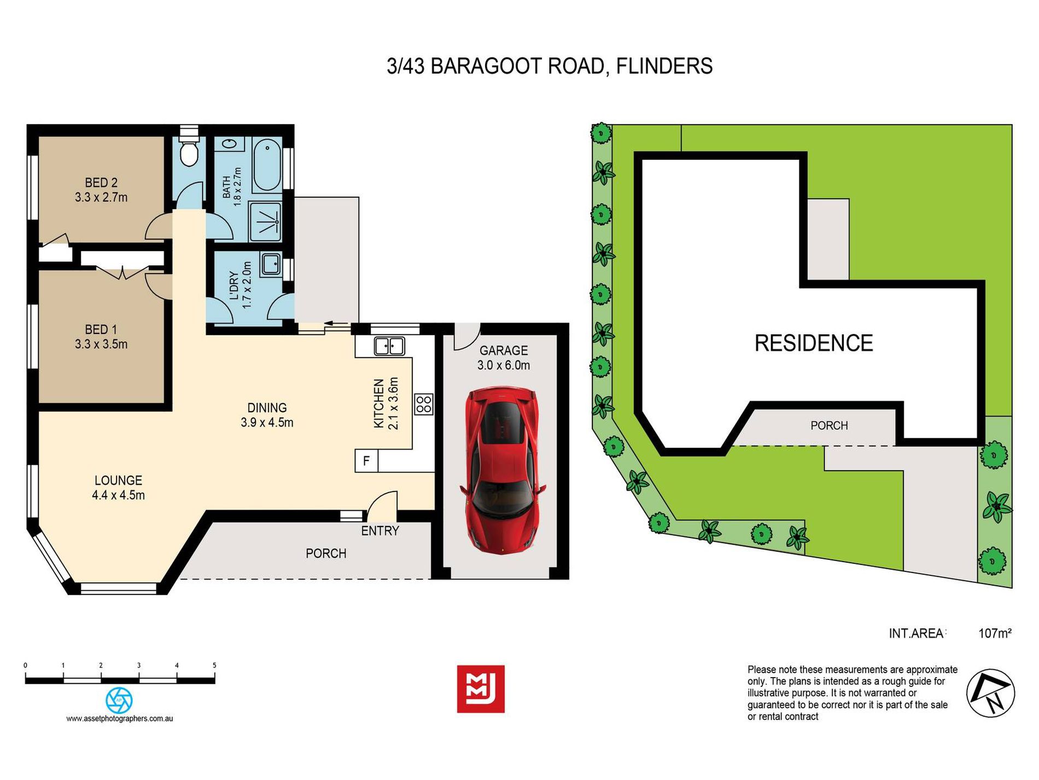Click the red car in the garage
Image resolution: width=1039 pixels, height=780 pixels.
tap(502, 470)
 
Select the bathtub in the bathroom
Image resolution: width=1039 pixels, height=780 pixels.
tap(267, 165)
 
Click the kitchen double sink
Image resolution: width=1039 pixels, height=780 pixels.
tap(389, 346)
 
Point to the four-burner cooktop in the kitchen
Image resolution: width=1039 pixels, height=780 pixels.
tap(424, 405)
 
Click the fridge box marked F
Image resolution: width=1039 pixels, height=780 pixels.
tap(366, 461)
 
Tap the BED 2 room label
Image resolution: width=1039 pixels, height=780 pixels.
tap(101, 190)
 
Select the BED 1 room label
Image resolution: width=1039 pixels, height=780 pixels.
tap(101, 337)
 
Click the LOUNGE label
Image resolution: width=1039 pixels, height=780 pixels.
tap(119, 488)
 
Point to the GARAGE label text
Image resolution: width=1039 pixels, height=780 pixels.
tap(504, 350)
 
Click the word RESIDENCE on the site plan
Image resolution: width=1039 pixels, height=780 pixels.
tap(814, 343)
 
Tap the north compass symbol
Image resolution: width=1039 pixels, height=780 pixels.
tap(990, 693)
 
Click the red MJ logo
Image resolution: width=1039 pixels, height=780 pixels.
tap(481, 689)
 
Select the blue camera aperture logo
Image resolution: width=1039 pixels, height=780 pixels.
tap(119, 700)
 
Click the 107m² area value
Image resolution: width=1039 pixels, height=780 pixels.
tap(995, 633)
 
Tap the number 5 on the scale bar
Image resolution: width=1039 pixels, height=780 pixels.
tap(214, 666)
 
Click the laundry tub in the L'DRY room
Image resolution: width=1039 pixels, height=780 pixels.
tap(271, 264)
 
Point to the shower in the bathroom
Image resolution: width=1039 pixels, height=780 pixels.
tap(265, 222)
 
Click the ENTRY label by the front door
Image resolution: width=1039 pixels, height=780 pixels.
tap(380, 531)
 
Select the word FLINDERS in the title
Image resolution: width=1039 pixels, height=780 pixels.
tap(664, 66)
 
